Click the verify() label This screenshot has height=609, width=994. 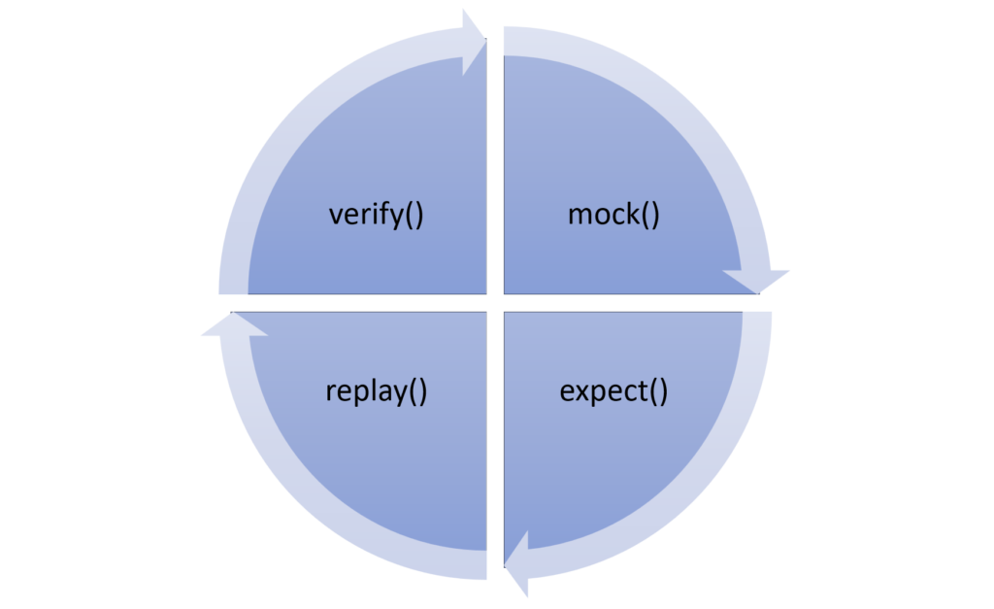pos(377,214)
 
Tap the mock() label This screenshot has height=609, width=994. pos(613,214)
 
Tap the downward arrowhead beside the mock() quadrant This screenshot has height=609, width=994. pos(757,281)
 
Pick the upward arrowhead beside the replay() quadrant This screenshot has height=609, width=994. pos(233,324)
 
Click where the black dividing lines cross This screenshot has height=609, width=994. pos(494,302)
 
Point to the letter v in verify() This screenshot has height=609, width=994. pos(336,215)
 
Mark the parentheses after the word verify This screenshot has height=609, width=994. pos(414,215)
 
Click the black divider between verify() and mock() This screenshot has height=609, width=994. pos(494,165)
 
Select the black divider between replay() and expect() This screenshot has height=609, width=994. pos(494,437)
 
